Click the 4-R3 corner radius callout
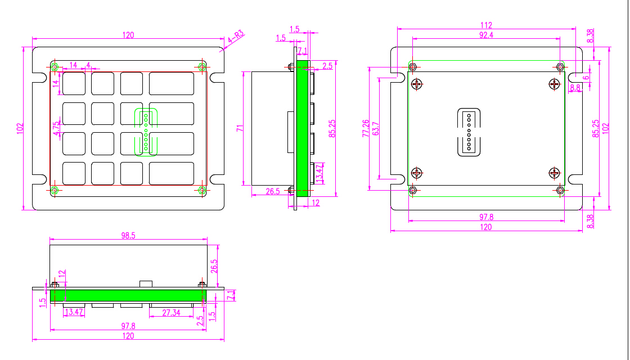236,38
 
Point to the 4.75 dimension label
57,129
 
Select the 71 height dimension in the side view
240,129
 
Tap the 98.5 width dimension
128,236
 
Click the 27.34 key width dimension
171,312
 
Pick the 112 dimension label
486,25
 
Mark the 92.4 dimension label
486,35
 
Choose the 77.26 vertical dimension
366,128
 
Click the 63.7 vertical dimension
376,128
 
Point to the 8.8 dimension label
575,87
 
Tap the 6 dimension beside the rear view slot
586,78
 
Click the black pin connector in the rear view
469,132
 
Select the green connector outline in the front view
146,132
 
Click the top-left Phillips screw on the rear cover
417,84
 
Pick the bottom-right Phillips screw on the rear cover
555,173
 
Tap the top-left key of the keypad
74,84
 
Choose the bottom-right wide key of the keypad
172,174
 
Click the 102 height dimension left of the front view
20,129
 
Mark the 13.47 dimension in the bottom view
74,312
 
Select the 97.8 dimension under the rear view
486,217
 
